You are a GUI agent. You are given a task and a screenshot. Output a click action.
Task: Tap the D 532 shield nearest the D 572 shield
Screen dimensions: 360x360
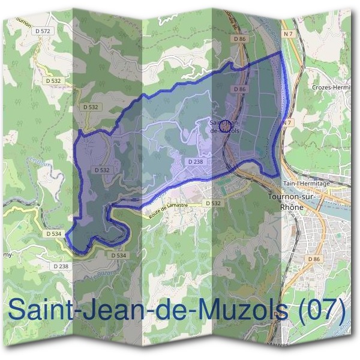click(53, 79)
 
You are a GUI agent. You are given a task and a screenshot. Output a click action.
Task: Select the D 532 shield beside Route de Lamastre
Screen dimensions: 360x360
click(214, 203)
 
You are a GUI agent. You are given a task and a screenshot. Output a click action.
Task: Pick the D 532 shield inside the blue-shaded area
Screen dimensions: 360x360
click(101, 170)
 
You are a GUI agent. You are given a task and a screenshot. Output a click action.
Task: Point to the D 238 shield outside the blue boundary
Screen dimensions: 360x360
click(60, 266)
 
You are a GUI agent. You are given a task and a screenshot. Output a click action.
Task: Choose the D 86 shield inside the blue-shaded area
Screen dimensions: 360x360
click(240, 89)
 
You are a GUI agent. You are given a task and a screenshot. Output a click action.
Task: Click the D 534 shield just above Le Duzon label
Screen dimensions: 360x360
click(118, 255)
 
